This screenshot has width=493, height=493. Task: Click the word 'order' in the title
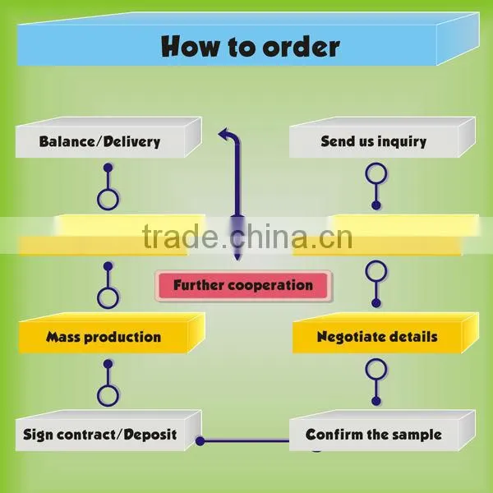coord(301,47)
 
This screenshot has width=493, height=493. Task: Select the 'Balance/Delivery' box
coord(108,137)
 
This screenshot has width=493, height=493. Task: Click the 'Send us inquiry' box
coord(382,137)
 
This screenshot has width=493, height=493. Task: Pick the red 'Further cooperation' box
coord(243,285)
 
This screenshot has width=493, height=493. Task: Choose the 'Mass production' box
coord(112,333)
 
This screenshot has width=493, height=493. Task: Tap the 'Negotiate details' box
coord(386,333)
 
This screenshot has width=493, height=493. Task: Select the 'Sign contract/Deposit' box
coord(108,431)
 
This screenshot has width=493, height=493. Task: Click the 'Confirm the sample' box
coord(382,431)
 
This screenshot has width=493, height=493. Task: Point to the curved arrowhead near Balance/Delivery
coord(223,134)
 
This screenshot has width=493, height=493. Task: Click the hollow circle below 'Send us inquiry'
coord(376,173)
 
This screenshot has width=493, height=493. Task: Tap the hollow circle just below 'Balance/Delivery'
coord(108,200)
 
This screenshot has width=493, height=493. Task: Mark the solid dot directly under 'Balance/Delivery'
coord(108,168)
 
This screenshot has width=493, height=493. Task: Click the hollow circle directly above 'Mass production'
coord(108,298)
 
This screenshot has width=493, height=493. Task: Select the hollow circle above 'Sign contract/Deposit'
coord(108,396)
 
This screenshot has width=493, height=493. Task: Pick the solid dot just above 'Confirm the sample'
coord(376,401)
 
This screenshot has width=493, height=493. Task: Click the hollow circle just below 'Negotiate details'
coord(376,369)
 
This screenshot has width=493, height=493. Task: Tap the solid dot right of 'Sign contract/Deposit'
coord(200,441)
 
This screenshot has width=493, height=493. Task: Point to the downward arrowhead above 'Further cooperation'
coord(237,256)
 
